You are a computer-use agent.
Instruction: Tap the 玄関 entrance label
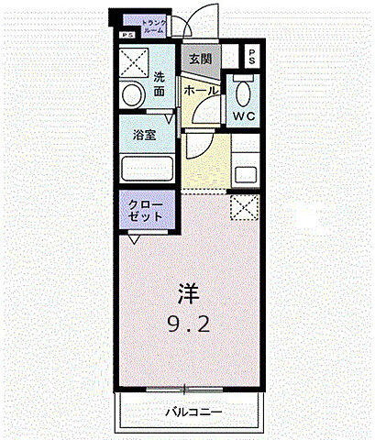coord(201,59)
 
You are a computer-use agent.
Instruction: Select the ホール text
coord(201,91)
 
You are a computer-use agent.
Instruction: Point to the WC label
coord(243,117)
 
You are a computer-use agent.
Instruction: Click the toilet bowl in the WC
coord(243,93)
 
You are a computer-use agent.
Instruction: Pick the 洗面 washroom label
coord(159,84)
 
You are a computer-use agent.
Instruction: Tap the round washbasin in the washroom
coord(131,94)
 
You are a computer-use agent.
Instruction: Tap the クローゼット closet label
coord(146,211)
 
